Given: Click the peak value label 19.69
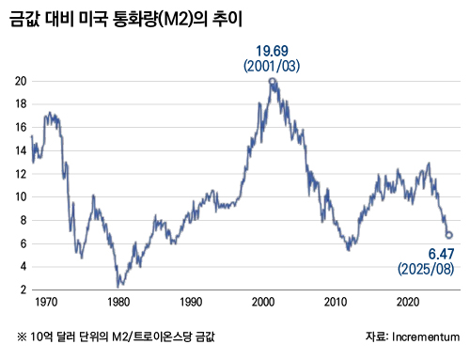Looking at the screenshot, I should click(273, 51).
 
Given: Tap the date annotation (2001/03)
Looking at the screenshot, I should click(273, 67).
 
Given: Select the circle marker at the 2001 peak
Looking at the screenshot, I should click(273, 82).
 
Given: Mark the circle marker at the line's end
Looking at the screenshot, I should click(449, 235).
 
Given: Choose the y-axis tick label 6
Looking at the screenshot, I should click(21, 244).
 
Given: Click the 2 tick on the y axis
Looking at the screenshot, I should click(21, 290).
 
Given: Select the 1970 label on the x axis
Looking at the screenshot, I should click(45, 303).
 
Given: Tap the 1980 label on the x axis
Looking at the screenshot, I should click(117, 303).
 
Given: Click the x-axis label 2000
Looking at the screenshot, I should click(263, 303).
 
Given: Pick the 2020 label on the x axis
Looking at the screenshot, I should click(409, 303).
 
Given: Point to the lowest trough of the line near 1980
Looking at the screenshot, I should click(117, 286).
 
